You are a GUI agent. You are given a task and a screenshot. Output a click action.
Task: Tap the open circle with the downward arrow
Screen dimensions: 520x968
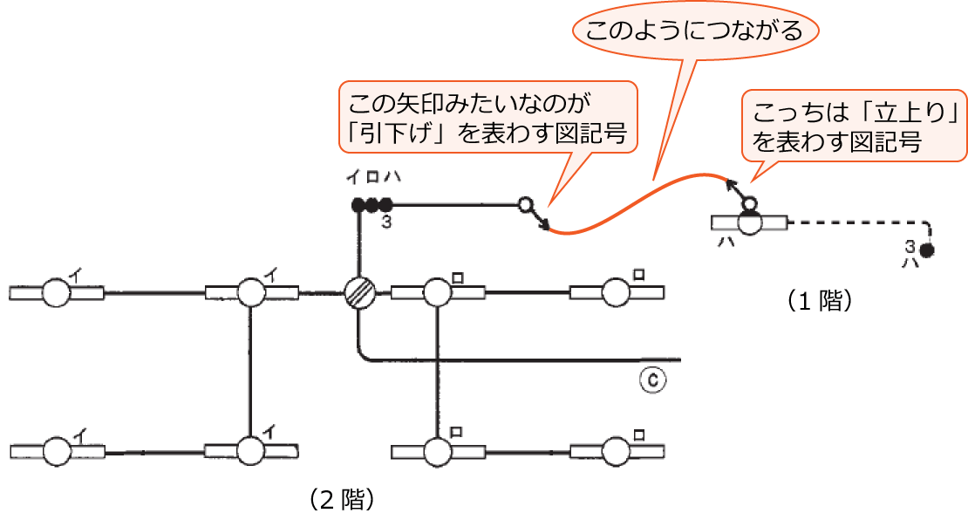(525, 206)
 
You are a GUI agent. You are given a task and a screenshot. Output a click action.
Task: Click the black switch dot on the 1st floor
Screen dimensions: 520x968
(927, 251)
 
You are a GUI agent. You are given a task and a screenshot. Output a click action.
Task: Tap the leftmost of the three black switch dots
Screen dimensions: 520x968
(358, 206)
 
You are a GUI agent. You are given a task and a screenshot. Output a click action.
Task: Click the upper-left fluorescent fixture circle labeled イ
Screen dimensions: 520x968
(57, 293)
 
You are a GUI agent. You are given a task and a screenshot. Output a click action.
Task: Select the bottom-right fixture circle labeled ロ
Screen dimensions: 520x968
(616, 451)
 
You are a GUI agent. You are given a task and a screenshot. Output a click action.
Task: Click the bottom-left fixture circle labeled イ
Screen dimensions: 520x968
(57, 451)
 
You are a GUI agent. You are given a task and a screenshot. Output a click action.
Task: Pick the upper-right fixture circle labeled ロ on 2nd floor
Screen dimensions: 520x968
(616, 293)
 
